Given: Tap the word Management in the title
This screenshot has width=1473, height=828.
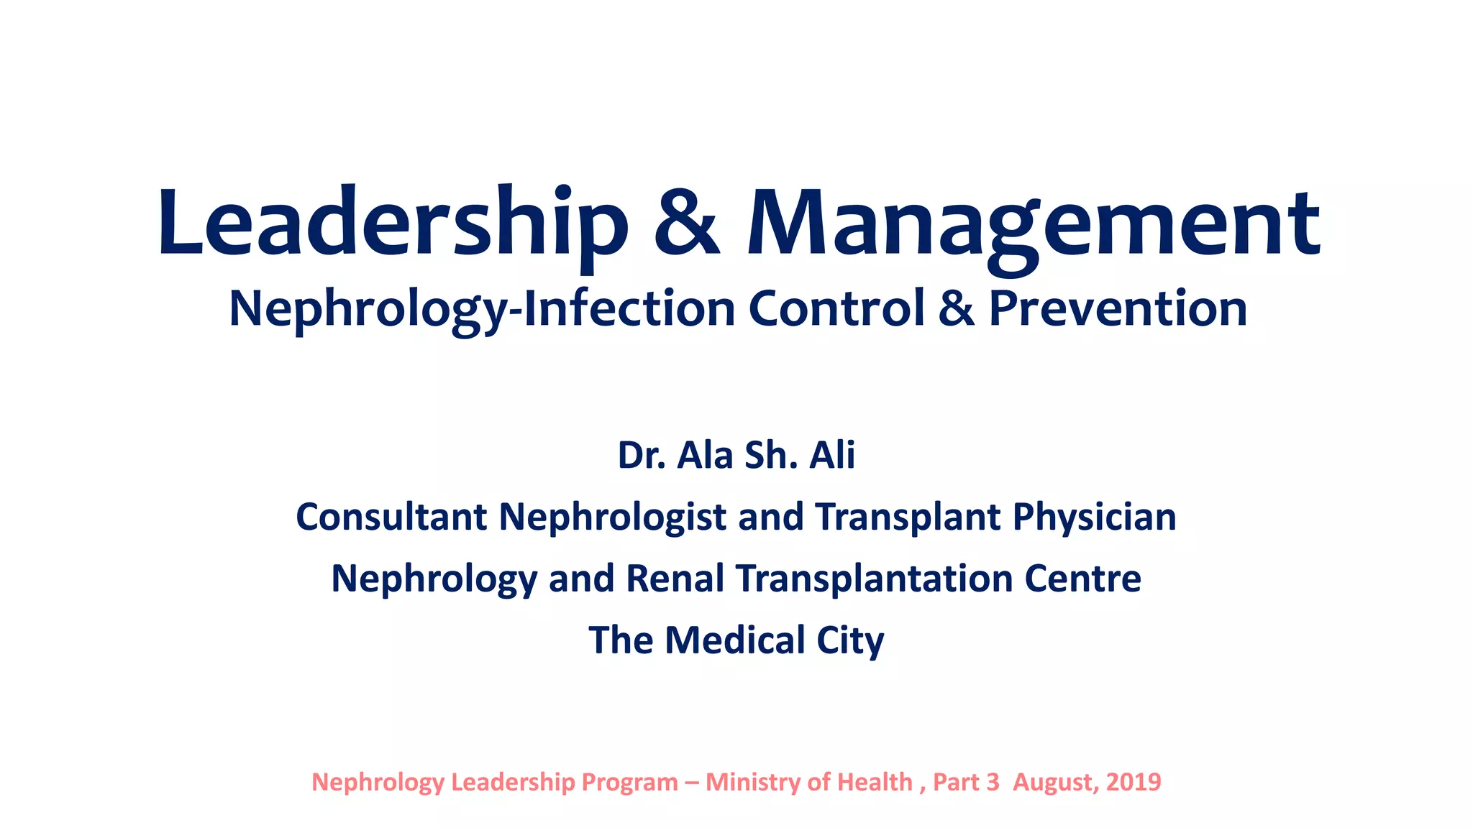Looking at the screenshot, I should (x=1033, y=224).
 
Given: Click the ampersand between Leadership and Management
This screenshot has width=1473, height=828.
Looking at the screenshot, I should (x=687, y=224).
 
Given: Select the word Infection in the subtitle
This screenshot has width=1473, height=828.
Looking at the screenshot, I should (x=629, y=309).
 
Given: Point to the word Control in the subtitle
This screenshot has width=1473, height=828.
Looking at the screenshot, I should (x=836, y=309).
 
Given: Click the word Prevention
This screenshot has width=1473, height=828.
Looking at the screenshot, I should (x=1118, y=309).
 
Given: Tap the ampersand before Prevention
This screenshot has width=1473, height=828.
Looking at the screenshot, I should (x=957, y=309).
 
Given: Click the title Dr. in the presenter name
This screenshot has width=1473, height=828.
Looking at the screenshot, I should (x=641, y=456).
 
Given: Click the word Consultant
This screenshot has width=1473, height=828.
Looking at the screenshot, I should (x=391, y=517).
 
